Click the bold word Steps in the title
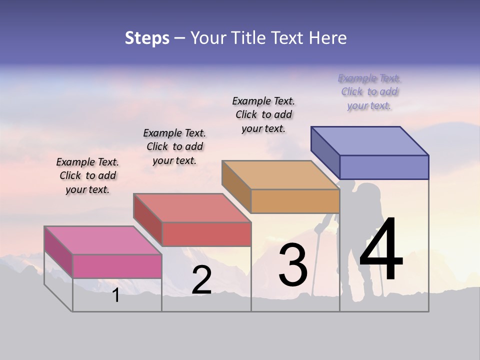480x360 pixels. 146,38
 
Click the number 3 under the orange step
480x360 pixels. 293,264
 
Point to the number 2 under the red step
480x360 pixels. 201,280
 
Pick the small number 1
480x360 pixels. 115,295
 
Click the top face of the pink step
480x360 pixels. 103,240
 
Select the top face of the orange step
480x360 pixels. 280,175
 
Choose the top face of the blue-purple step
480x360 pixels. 369,141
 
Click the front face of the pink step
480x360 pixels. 117,266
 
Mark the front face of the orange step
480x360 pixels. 295,201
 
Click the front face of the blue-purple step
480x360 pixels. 384,167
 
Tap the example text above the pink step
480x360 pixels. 87,175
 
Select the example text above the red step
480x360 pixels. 174,146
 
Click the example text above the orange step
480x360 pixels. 263,114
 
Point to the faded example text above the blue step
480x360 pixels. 369,91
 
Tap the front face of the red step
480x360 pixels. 206,234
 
